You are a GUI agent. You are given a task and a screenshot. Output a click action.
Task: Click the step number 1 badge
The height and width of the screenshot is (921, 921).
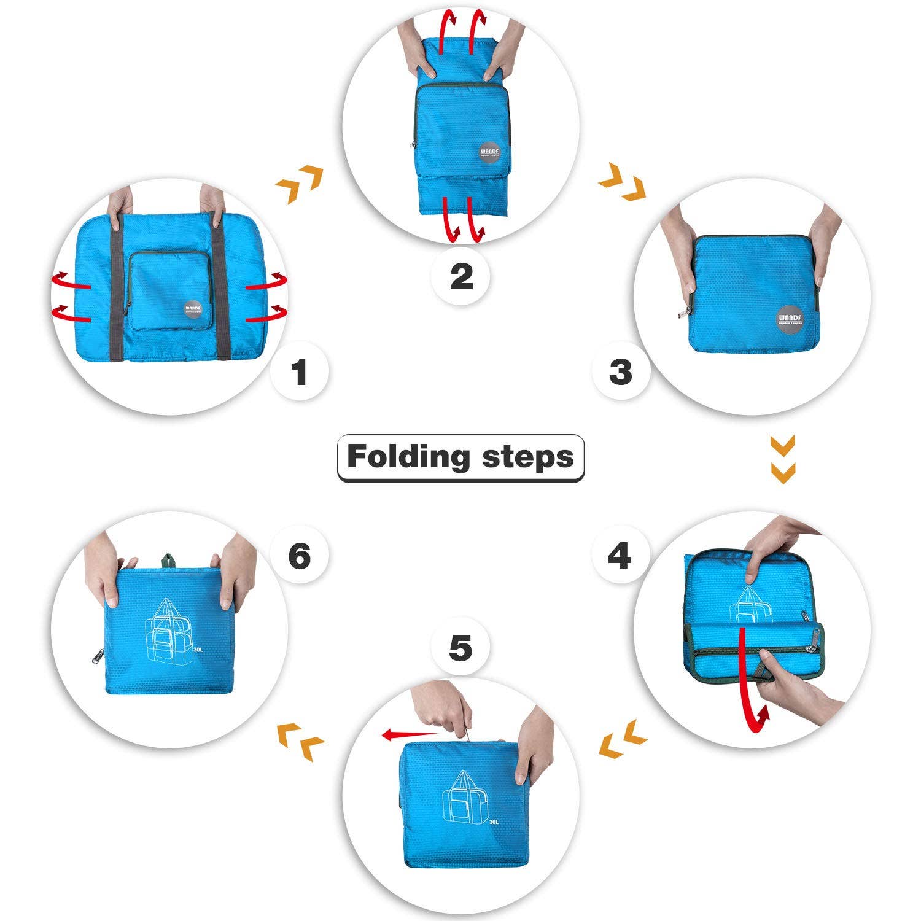[x=300, y=372]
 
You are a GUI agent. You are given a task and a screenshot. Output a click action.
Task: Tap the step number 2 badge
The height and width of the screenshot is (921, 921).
[x=461, y=276]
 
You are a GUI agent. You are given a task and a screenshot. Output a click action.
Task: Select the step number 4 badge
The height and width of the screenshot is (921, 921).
[x=620, y=556]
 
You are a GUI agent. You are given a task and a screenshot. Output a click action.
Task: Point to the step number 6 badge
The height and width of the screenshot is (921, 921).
[x=300, y=556]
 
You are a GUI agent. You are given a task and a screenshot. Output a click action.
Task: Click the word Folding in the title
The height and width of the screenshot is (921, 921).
[x=408, y=457]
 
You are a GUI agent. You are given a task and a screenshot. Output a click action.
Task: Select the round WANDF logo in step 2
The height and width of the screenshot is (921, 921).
[x=492, y=150]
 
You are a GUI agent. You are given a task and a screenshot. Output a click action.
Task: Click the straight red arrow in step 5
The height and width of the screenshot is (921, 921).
[x=408, y=734]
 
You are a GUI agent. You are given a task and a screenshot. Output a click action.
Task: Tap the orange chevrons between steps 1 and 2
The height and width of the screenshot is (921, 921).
[x=300, y=184]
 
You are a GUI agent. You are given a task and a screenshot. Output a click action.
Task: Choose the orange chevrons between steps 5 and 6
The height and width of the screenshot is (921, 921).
[x=301, y=742]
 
